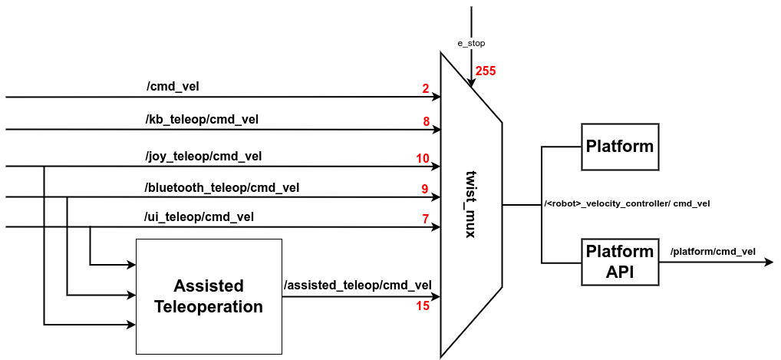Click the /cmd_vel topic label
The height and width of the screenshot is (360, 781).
coord(173,86)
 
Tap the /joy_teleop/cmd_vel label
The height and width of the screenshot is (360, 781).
coord(203,156)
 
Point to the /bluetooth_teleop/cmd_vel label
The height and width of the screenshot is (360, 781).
coord(222,187)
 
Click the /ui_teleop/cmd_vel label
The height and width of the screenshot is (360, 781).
coord(199,217)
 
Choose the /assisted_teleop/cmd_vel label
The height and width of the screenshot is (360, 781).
coord(358,285)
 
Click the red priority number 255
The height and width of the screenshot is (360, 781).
coord(486,71)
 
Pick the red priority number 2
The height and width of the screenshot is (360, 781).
coord(425,89)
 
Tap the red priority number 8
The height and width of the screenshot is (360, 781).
coord(425,121)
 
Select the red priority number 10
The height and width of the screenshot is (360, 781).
coord(423,159)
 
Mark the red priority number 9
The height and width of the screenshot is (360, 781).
coord(424,189)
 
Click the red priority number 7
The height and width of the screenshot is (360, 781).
coord(425,220)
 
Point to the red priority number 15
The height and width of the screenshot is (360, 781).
coord(423,306)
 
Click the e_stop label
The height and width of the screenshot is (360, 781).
coord(470,44)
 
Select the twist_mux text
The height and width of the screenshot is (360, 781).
coord(471,203)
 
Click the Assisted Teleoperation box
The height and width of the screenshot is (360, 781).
coord(209,296)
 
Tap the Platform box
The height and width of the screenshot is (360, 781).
coord(619,146)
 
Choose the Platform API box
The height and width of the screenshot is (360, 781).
coord(619,262)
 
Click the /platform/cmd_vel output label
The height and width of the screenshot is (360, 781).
coord(713,252)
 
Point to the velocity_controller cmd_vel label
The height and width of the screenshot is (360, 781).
coord(627,203)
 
